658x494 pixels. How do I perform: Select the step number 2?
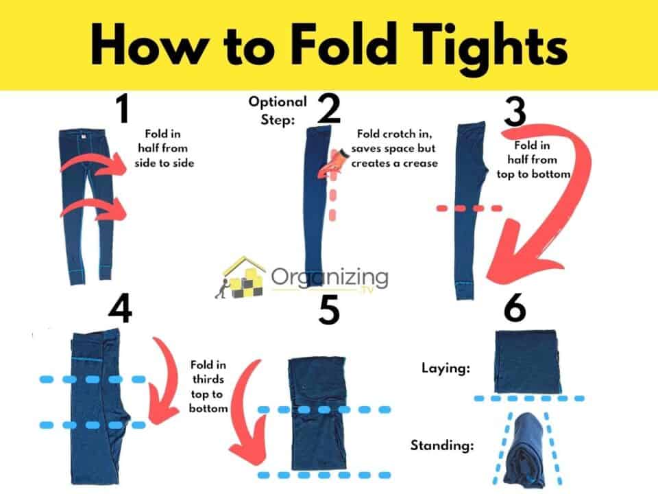click(x=329, y=110)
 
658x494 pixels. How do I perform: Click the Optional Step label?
click(x=277, y=109)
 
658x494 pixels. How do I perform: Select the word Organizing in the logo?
click(x=329, y=278)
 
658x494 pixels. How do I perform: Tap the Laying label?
click(x=445, y=368)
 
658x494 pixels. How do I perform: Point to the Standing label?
click(x=442, y=445)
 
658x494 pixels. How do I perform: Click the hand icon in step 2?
click(x=335, y=163)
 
